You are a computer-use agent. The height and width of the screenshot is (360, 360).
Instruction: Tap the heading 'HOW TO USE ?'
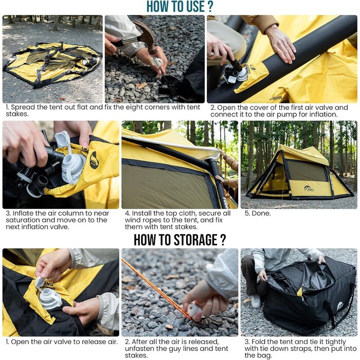(x=180, y=6)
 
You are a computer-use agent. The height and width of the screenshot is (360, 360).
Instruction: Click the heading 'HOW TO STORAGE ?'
(x=180, y=240)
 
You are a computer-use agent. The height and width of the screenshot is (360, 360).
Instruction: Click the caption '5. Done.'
(x=258, y=213)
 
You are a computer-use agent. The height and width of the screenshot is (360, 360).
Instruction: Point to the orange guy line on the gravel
(x=157, y=289)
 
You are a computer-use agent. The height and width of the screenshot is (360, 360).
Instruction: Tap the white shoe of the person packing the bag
(x=256, y=301)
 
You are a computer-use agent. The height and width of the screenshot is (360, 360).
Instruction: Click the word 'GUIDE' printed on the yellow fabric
(x=277, y=98)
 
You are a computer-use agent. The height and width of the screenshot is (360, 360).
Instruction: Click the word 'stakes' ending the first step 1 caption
(x=16, y=114)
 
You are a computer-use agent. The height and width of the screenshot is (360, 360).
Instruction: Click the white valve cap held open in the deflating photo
(x=41, y=282)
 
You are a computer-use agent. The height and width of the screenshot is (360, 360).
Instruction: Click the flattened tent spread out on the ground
(x=52, y=64)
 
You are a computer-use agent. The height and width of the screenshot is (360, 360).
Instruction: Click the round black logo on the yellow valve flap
(x=94, y=160)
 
